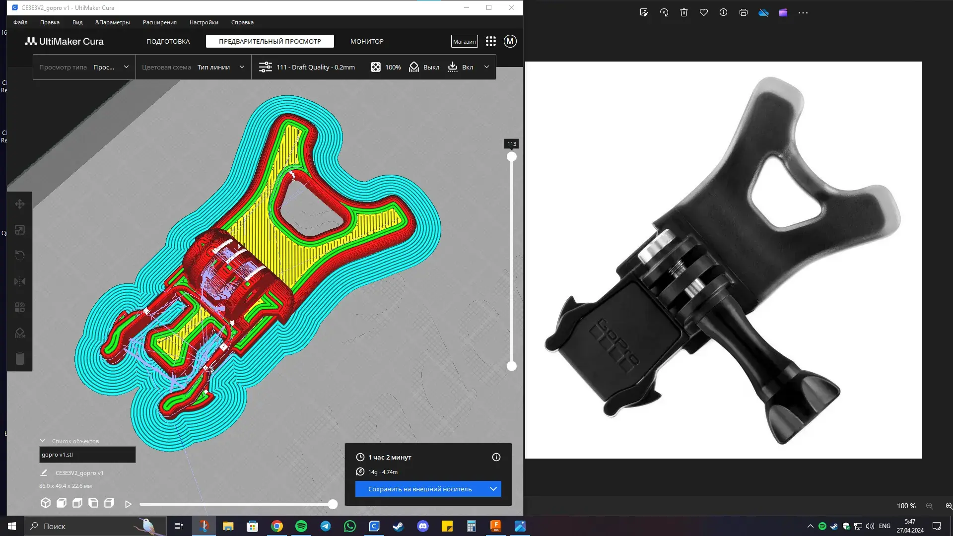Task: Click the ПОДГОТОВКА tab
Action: pyautogui.click(x=168, y=41)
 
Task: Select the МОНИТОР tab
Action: pyautogui.click(x=367, y=41)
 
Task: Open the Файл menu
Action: pyautogui.click(x=20, y=22)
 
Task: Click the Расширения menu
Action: pyautogui.click(x=159, y=22)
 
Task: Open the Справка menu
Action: pyautogui.click(x=242, y=22)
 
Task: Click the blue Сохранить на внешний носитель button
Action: pyautogui.click(x=420, y=489)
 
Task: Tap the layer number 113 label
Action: pyautogui.click(x=511, y=144)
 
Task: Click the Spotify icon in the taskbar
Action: pyautogui.click(x=301, y=526)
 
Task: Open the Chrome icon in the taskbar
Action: pyautogui.click(x=277, y=526)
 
